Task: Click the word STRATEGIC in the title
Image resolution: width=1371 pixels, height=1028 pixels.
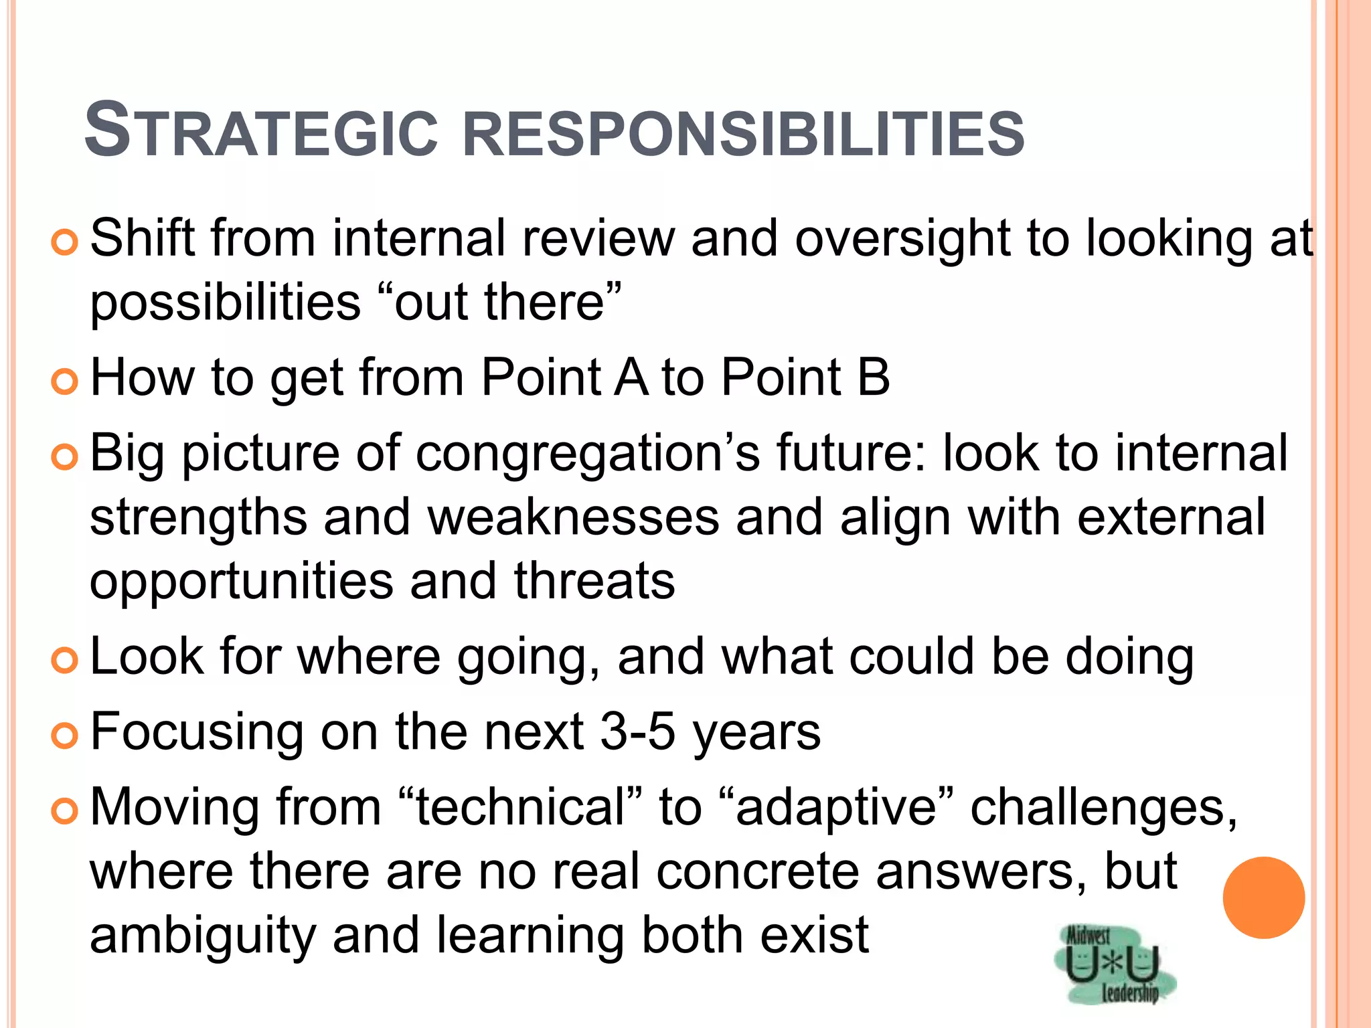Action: [261, 131]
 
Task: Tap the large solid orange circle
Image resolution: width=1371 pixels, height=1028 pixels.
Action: [1263, 897]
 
